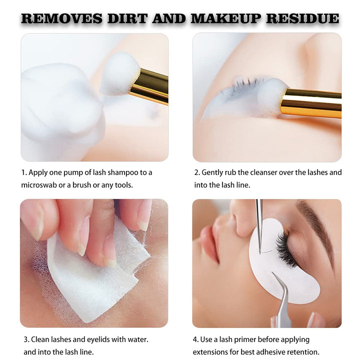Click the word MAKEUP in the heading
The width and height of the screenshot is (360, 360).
[225, 18]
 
